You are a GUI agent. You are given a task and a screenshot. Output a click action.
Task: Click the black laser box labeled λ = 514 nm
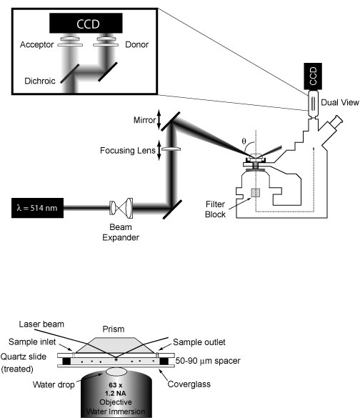[38, 208]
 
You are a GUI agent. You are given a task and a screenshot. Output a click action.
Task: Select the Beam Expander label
[121, 232]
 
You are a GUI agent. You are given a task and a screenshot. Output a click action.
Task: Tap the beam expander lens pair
[121, 206]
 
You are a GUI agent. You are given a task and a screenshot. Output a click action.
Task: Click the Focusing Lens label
[128, 150]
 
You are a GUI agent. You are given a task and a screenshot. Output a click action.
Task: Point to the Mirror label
[144, 120]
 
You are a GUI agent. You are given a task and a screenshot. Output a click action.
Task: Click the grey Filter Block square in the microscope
[255, 193]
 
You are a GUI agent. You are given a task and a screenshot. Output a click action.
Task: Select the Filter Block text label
[215, 209]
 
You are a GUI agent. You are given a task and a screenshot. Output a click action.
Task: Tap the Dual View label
[340, 102]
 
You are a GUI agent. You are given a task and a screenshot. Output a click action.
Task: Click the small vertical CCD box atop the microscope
[313, 76]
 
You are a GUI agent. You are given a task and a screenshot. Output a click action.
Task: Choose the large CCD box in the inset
[86, 24]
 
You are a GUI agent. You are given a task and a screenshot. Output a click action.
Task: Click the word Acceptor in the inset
[36, 44]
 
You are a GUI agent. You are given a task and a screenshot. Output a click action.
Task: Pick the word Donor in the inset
[136, 44]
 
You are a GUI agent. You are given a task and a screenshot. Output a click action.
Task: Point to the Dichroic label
[40, 81]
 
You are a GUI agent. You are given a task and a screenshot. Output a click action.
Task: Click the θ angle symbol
[244, 141]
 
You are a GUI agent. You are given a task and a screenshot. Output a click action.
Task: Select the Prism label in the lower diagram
[114, 329]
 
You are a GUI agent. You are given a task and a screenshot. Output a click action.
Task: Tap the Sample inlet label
[32, 342]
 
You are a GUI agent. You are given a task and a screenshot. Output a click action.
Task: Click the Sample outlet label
[199, 342]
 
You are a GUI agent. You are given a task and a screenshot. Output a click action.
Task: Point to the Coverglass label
[189, 384]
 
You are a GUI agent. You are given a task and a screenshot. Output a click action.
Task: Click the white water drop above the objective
[116, 372]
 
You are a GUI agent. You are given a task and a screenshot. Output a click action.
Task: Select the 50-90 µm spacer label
[208, 361]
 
